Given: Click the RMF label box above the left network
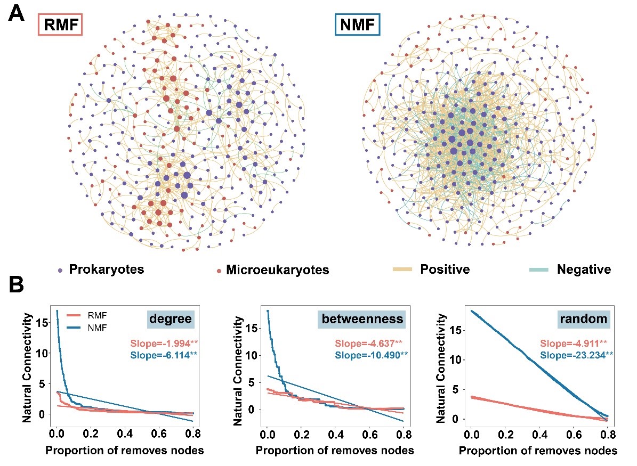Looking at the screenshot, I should click(x=60, y=25).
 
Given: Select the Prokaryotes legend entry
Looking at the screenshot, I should click(x=101, y=269).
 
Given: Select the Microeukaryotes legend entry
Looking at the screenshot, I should click(x=272, y=270).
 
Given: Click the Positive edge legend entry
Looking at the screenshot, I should click(x=432, y=269).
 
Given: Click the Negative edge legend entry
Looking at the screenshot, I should click(x=570, y=269).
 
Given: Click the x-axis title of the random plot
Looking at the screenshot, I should click(x=538, y=451).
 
